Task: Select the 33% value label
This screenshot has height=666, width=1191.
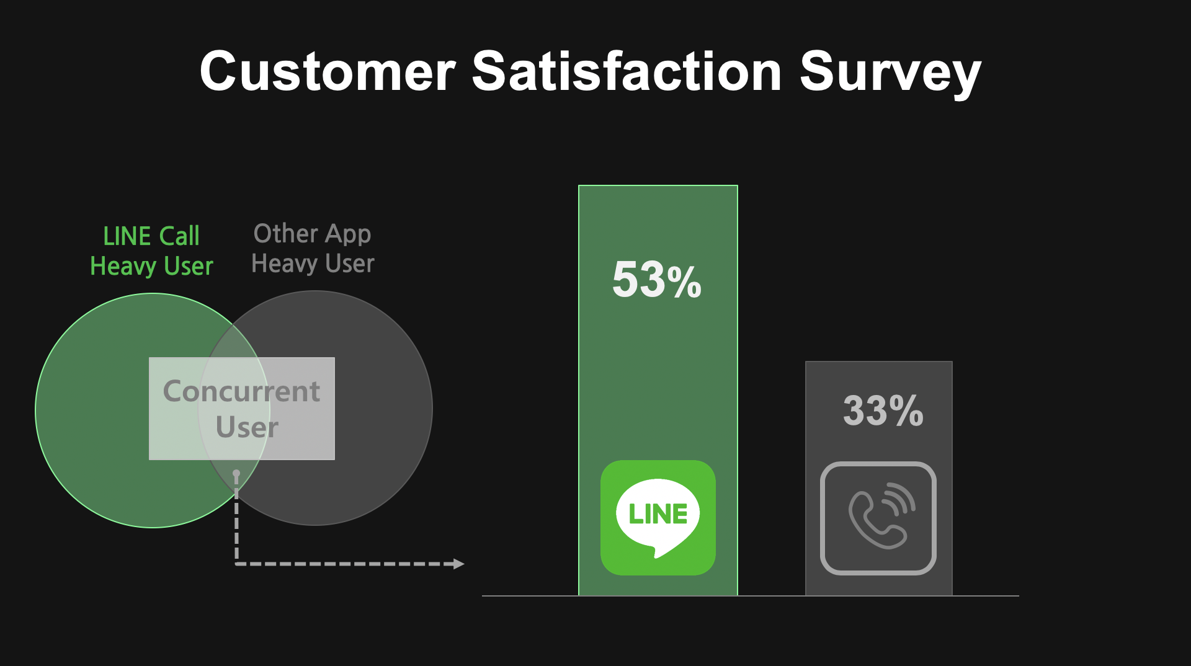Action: click(883, 410)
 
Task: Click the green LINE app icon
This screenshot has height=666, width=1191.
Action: click(658, 517)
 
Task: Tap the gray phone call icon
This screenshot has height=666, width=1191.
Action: click(878, 518)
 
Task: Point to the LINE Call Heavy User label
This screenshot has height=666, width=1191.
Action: click(151, 251)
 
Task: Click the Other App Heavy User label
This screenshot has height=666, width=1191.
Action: click(313, 249)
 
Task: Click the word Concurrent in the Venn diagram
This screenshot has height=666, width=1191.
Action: click(241, 391)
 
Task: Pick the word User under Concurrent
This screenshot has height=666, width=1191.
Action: click(247, 427)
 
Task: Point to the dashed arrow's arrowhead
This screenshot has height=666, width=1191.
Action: click(459, 564)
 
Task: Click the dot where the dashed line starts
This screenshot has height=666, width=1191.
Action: click(236, 474)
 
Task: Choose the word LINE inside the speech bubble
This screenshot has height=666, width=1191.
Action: click(658, 514)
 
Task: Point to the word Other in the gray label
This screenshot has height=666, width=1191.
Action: click(286, 234)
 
